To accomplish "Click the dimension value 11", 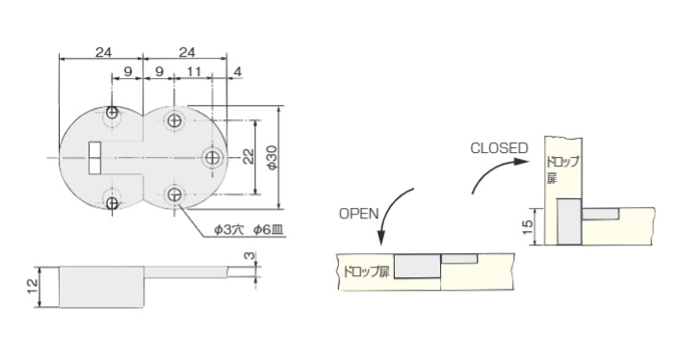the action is (x=195, y=71).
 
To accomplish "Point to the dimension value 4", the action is (x=238, y=71).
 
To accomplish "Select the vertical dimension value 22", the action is (x=247, y=157).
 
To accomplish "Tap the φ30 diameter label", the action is (x=272, y=158).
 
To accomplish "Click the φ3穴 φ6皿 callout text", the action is (x=248, y=230).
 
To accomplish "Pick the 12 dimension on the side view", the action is (x=32, y=287).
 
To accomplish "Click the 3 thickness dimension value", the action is (x=249, y=255).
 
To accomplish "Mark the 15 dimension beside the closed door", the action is (x=527, y=226).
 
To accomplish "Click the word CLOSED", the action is (x=499, y=148).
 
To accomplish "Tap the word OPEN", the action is (x=358, y=214).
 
